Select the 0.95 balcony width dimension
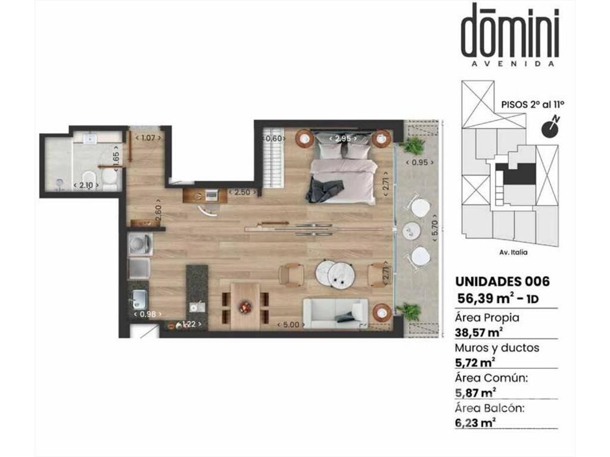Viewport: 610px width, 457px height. click(419, 162)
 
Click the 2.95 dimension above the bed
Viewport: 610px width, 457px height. click(343, 138)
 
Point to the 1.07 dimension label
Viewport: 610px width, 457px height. click(148, 137)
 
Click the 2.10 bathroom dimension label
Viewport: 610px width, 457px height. click(86, 186)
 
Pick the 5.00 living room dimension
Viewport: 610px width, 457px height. click(291, 324)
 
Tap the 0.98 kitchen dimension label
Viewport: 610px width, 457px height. click(148, 314)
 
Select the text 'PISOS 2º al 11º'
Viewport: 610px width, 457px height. click(533, 104)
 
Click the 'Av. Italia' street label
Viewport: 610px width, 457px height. click(513, 252)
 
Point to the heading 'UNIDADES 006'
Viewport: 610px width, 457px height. click(502, 281)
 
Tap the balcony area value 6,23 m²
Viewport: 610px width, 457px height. click(475, 422)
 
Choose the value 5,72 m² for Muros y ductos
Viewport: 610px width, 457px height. click(475, 362)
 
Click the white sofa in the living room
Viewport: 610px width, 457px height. click(335, 314)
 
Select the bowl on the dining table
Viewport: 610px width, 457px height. click(245, 306)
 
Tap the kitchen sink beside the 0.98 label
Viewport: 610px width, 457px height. click(138, 300)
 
